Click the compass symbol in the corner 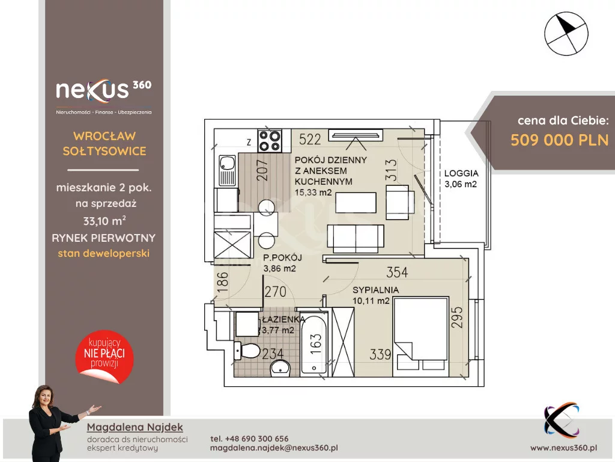tap(566, 34)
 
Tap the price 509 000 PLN tap(559, 140)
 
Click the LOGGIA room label tap(461, 173)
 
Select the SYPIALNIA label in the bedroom tap(375, 290)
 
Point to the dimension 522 tap(310, 139)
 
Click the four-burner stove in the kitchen tap(270, 141)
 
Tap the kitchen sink tap(227, 170)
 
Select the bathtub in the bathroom tap(314, 343)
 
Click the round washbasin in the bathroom tap(280, 368)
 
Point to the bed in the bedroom tap(421, 333)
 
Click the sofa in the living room tap(356, 238)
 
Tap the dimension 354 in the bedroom tap(397, 272)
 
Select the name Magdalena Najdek tap(135, 427)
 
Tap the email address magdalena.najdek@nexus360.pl tap(274, 448)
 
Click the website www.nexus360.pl tap(563, 448)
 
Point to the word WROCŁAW tap(105, 136)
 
